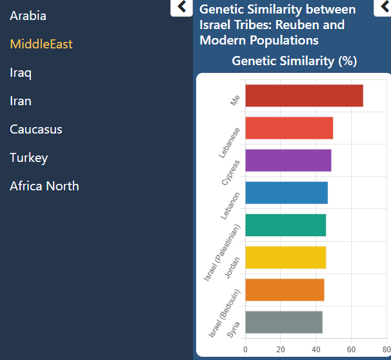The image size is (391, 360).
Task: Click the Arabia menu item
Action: tap(28, 15)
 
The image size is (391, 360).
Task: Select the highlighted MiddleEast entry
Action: tap(41, 44)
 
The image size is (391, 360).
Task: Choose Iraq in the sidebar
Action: tap(21, 72)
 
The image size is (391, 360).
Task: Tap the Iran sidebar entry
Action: tap(21, 101)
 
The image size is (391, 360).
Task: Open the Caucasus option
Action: tap(36, 129)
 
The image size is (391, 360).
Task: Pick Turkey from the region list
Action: tap(29, 157)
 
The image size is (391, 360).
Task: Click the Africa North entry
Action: tap(45, 186)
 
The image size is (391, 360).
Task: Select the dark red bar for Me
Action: tap(304, 95)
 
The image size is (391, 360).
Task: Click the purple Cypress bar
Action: tap(288, 160)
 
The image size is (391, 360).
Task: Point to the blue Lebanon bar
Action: tap(286, 193)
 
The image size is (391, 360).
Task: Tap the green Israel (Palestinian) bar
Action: tap(285, 225)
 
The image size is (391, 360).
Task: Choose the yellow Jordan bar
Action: tap(285, 257)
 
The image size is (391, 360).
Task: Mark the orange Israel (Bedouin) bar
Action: tap(284, 290)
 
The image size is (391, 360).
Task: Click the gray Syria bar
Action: tap(283, 322)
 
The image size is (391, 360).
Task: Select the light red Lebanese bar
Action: tap(289, 128)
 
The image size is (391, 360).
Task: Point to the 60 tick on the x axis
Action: tap(352, 350)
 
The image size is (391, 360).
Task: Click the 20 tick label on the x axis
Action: tap(281, 350)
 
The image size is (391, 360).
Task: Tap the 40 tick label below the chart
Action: tap(316, 350)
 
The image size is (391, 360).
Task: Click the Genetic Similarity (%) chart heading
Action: tap(294, 61)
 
